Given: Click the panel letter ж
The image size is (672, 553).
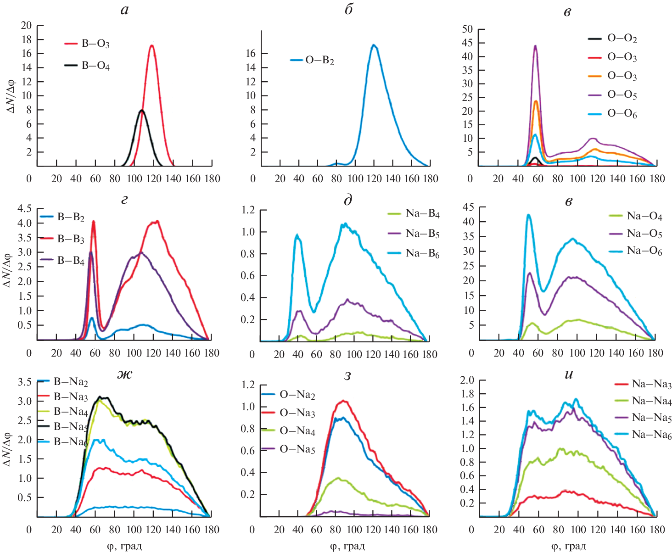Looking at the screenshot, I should click(x=124, y=374).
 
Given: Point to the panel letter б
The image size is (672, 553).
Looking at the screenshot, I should click(x=349, y=10).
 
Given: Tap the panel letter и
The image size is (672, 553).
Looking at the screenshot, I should click(x=569, y=374).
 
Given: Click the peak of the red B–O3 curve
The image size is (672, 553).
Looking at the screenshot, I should click(x=151, y=45).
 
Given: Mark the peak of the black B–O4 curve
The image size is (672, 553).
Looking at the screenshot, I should click(x=142, y=111).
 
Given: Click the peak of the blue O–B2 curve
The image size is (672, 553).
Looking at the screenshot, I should click(x=374, y=45).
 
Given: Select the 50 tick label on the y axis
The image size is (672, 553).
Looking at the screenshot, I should click(x=467, y=29).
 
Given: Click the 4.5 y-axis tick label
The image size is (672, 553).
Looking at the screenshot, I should click(x=24, y=209).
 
